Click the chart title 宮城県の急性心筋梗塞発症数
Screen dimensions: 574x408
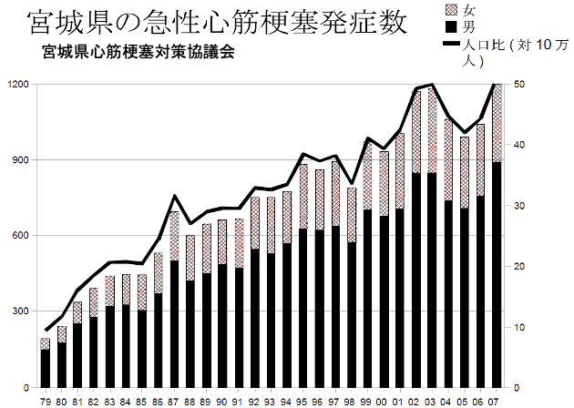point(218,22)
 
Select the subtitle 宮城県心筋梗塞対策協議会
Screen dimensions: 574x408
point(138,52)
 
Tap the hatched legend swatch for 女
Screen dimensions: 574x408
point(452,10)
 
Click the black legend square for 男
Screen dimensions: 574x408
point(452,26)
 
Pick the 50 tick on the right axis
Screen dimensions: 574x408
point(519,84)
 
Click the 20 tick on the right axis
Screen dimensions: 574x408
point(519,267)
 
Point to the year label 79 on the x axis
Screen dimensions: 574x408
point(46,402)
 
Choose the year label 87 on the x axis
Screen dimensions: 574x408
point(174,402)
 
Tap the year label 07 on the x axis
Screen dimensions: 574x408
point(496,402)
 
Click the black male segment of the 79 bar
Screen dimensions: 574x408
point(46,369)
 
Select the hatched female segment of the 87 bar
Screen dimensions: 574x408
point(174,236)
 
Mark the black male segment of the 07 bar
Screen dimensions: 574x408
point(497,275)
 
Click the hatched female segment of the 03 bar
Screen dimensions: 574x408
point(433,130)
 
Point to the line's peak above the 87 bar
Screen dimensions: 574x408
point(175,196)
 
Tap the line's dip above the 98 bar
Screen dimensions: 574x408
point(352,183)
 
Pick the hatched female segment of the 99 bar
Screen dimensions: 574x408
point(367,176)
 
